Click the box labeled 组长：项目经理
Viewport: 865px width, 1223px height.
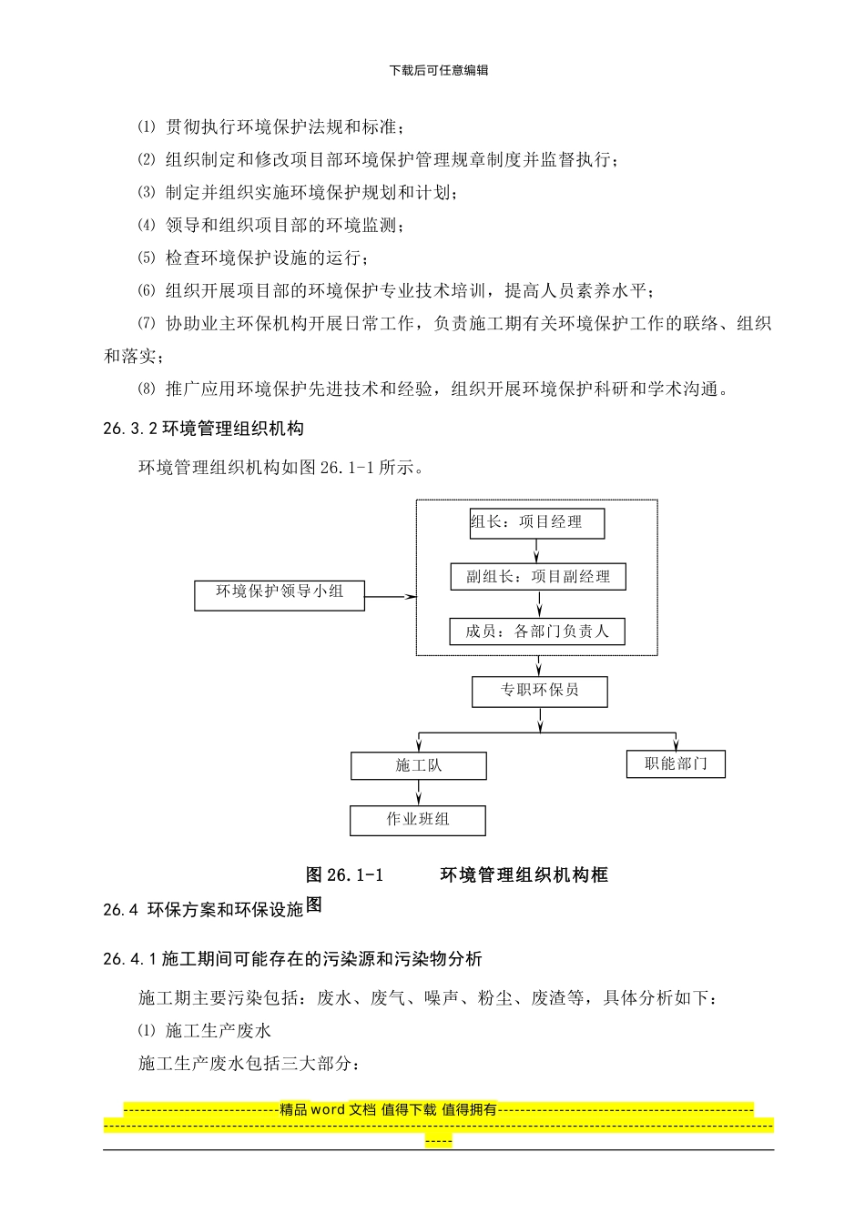537,523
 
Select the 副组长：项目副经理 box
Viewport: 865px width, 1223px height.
538,577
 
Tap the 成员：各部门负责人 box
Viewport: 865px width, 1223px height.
537,632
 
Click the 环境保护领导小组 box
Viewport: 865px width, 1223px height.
280,595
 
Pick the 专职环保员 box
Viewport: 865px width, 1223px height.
539,692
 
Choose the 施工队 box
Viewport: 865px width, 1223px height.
418,766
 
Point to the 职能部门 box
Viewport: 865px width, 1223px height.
676,764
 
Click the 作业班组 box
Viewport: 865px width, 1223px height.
417,820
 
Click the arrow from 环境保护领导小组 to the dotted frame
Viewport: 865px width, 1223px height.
391,597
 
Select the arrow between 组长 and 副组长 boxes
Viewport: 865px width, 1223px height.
537,551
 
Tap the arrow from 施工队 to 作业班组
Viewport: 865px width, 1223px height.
418,793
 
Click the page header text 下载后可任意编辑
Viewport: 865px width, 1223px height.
438,70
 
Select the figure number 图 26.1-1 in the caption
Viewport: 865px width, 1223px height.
344,875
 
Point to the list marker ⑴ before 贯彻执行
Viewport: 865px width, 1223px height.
147,126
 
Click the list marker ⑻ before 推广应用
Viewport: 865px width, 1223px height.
147,389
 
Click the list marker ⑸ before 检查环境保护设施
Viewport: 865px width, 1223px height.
147,258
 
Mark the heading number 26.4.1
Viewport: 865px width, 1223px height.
131,959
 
